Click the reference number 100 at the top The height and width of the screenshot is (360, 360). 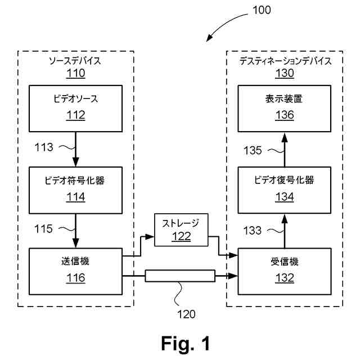tap(262, 10)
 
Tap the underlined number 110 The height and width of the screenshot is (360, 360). tap(76, 73)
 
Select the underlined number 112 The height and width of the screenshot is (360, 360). tap(76, 115)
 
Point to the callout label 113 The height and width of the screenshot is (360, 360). tap(44, 147)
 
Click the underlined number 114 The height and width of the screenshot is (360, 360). tap(76, 197)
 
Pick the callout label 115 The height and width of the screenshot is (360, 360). tap(43, 229)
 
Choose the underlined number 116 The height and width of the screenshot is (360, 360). tap(76, 278)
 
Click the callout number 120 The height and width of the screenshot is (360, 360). tap(186, 314)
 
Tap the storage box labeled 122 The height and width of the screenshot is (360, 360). tap(181, 230)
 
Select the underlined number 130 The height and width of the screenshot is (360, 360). tap(285, 73)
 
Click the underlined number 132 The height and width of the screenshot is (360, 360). tap(285, 278)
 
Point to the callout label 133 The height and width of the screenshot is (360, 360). tap(253, 231)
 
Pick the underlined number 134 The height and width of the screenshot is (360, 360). tap(285, 197)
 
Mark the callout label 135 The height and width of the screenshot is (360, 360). tap(253, 151)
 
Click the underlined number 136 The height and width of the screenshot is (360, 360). tap(285, 115)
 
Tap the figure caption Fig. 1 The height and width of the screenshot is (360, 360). tap(186, 343)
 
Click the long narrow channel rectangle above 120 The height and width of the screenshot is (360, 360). tap(180, 276)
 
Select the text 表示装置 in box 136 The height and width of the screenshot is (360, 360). tap(283, 99)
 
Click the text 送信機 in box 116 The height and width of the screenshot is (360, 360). tap(75, 261)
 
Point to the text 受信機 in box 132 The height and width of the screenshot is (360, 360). tap(285, 262)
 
